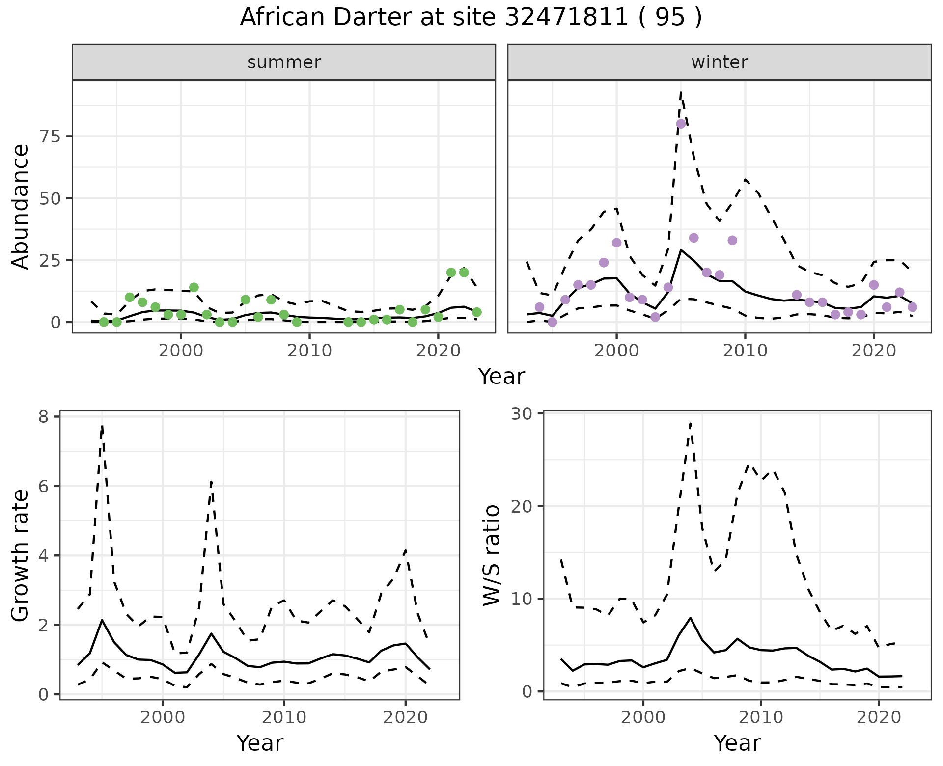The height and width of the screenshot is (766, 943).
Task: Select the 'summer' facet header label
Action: tap(284, 62)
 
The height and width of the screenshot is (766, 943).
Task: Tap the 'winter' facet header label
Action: tap(719, 62)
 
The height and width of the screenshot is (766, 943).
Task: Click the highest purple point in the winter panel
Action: tap(681, 124)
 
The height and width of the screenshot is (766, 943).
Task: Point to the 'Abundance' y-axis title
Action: tap(21, 206)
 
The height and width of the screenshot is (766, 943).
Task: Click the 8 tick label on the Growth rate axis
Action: tap(43, 417)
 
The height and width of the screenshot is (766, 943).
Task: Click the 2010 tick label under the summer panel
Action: tap(309, 351)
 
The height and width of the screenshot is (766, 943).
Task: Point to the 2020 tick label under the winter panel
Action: tap(874, 351)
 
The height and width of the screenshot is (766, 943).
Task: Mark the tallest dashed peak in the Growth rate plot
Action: tap(102, 425)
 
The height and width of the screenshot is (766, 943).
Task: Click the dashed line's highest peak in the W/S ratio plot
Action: tap(690, 422)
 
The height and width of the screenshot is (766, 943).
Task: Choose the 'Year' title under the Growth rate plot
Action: tap(260, 743)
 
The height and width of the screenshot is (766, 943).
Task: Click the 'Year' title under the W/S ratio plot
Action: tap(737, 743)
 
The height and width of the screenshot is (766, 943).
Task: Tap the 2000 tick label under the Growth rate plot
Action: tap(163, 717)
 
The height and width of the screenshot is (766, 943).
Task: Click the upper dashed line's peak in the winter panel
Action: tap(681, 92)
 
